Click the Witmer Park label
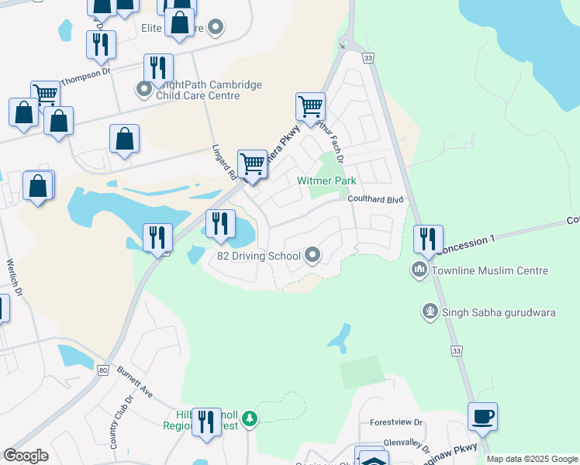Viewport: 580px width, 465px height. [326, 181]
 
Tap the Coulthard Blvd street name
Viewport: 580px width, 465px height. [376, 199]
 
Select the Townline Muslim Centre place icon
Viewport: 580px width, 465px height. [419, 270]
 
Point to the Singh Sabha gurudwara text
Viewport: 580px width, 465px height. [488, 312]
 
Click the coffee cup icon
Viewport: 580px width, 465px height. [482, 417]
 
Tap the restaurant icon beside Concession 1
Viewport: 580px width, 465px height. [428, 239]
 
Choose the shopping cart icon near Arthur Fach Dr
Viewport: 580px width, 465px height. [310, 107]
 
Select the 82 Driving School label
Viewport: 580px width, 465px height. [259, 256]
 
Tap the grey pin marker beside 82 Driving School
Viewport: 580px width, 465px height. [312, 255]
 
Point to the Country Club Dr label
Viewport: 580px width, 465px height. [122, 423]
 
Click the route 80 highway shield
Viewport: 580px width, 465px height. [103, 370]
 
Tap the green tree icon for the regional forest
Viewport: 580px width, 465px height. [249, 419]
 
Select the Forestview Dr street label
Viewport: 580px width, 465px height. [396, 423]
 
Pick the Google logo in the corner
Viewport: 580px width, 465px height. [26, 456]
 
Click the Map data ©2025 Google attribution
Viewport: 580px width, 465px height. [532, 459]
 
